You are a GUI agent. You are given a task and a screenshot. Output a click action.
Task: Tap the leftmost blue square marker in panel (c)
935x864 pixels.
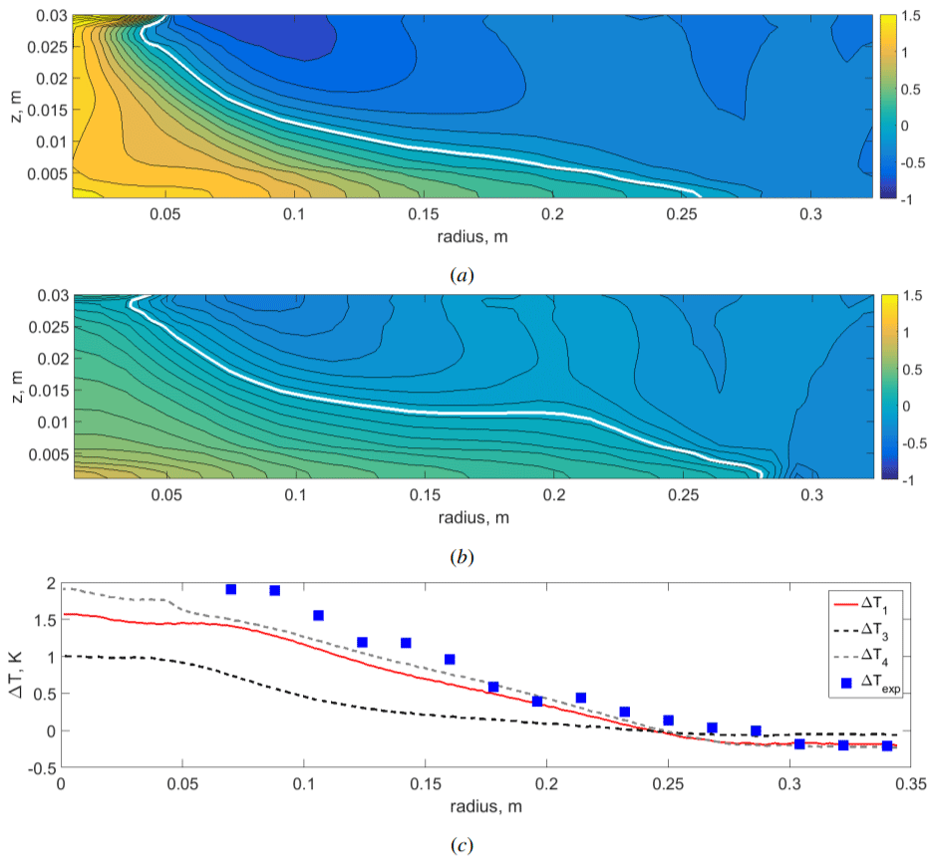tap(231, 589)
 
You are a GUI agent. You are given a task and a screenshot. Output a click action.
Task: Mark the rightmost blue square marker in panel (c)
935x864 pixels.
tap(887, 745)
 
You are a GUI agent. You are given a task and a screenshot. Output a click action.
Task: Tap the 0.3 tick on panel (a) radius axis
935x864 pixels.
tap(812, 214)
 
